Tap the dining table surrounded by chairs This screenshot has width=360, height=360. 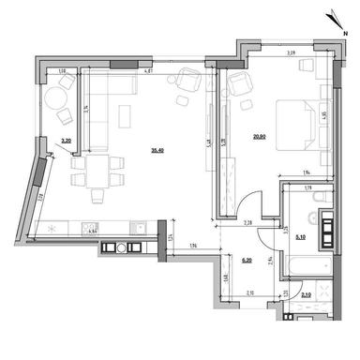point(97,174)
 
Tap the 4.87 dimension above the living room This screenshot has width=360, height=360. point(147,70)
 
